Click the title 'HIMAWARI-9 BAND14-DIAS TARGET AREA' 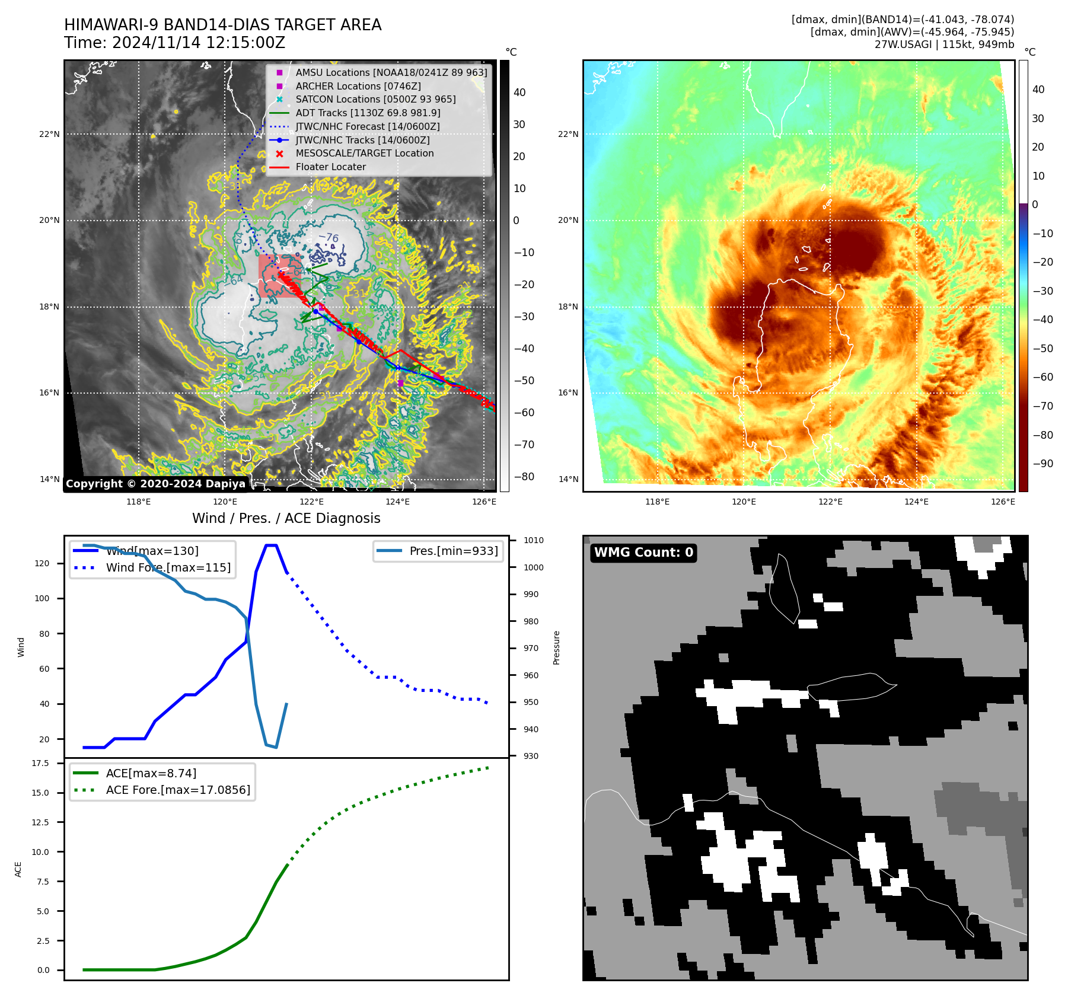pos(222,25)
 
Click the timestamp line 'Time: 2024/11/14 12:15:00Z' pos(174,43)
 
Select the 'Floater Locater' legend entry pos(330,167)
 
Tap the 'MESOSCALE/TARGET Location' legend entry pos(364,153)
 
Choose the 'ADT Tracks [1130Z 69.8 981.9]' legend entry pos(368,113)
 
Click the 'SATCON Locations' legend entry pos(375,99)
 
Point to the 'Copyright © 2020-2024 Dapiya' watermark pos(155,484)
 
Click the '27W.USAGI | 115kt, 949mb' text pos(943,44)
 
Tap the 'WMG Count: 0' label pos(643,553)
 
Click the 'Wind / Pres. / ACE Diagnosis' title pos(286,518)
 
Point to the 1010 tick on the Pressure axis pos(533,540)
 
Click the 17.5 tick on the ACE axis pos(40,763)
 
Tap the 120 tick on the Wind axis pos(42,563)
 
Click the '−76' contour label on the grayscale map pos(329,237)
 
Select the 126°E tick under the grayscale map pos(484,502)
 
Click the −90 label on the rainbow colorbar pos(1043,464)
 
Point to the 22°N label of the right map pos(568,134)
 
